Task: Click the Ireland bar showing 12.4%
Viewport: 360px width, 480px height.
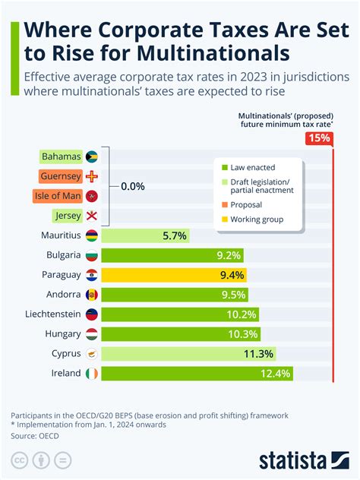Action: point(197,374)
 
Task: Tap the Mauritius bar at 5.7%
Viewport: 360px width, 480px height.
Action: point(145,235)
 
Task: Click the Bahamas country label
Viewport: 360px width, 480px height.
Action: point(61,156)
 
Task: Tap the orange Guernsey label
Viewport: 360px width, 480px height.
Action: point(60,176)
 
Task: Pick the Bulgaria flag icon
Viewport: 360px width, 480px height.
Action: point(91,255)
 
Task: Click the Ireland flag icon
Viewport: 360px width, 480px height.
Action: point(91,374)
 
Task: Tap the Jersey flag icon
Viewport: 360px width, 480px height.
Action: point(93,216)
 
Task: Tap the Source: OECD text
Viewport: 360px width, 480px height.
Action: point(36,436)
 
